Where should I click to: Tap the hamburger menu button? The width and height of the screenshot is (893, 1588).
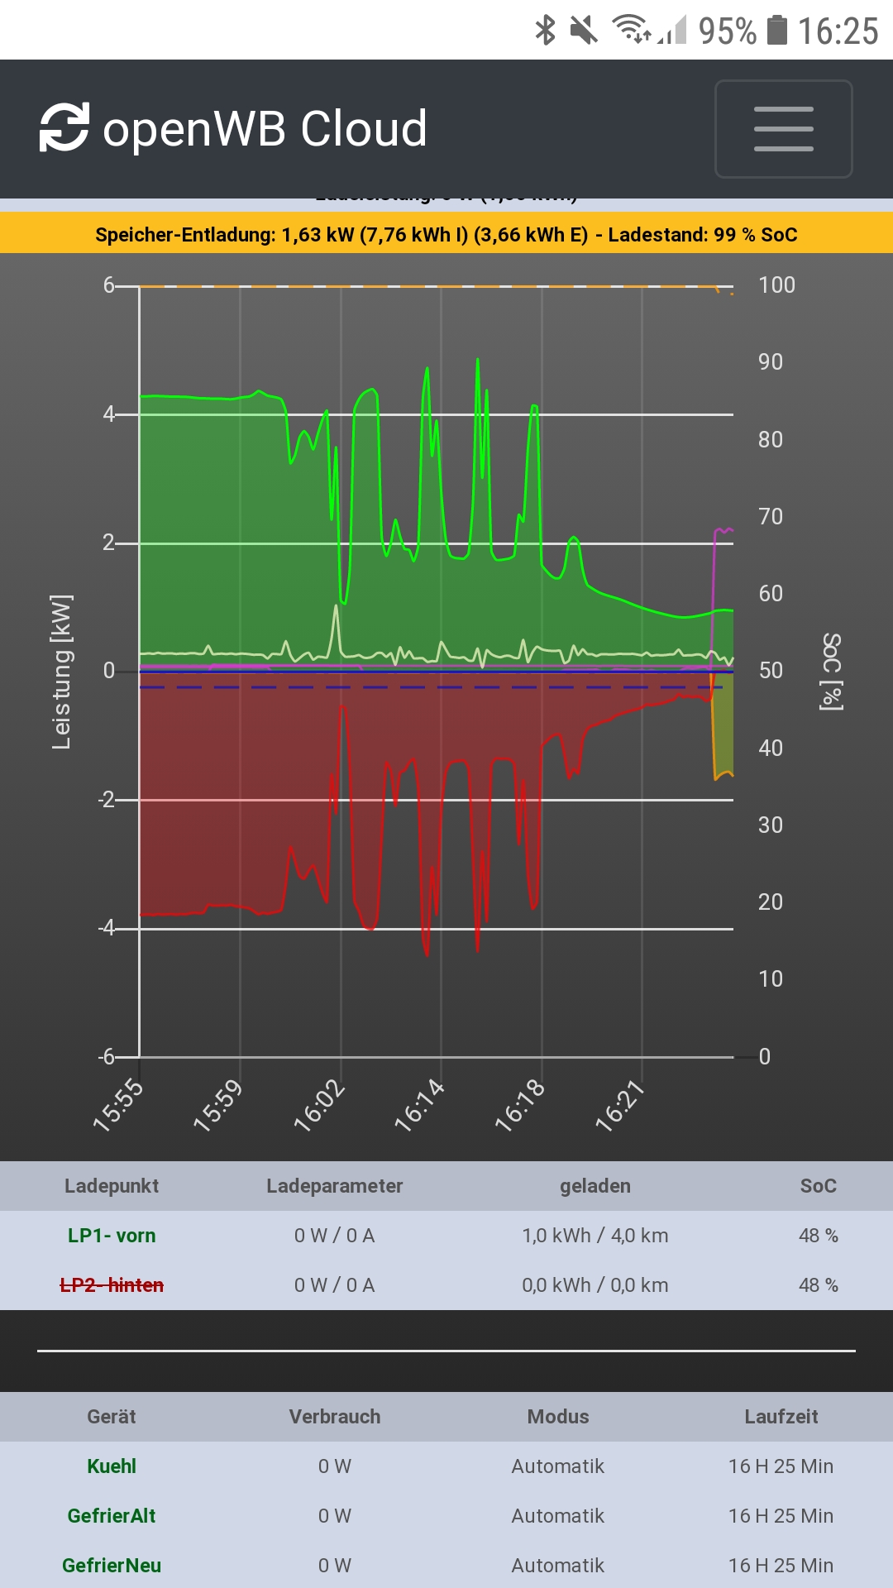(x=783, y=129)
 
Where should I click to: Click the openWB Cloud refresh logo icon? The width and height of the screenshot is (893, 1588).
(x=64, y=127)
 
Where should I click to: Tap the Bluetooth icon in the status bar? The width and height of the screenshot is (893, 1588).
(x=545, y=31)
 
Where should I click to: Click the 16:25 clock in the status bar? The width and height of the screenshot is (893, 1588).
(x=838, y=31)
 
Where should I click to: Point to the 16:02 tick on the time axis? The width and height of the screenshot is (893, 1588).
(x=320, y=1105)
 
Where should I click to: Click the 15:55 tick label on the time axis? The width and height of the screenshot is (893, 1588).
(x=118, y=1105)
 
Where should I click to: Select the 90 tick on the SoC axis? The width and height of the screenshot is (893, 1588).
(x=770, y=362)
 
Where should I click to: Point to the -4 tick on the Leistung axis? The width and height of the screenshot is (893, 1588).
(x=107, y=928)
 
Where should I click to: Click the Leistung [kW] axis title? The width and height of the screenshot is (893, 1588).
(x=61, y=672)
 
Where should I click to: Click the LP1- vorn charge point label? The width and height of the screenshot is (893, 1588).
(x=112, y=1236)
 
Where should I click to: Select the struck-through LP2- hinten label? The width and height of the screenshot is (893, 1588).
(x=112, y=1285)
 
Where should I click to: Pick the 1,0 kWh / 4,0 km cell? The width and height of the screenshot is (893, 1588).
(x=595, y=1236)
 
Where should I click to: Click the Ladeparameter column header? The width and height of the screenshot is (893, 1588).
(x=334, y=1186)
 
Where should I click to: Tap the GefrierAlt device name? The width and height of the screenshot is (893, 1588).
(x=112, y=1516)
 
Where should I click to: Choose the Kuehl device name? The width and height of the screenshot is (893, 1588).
(x=112, y=1466)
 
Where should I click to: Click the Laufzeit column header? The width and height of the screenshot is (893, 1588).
(x=781, y=1417)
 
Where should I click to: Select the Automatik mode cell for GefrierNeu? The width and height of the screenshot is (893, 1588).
(x=557, y=1566)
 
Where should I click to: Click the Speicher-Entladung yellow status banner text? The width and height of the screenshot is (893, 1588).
(x=446, y=235)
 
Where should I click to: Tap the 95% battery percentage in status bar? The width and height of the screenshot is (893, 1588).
(x=727, y=31)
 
